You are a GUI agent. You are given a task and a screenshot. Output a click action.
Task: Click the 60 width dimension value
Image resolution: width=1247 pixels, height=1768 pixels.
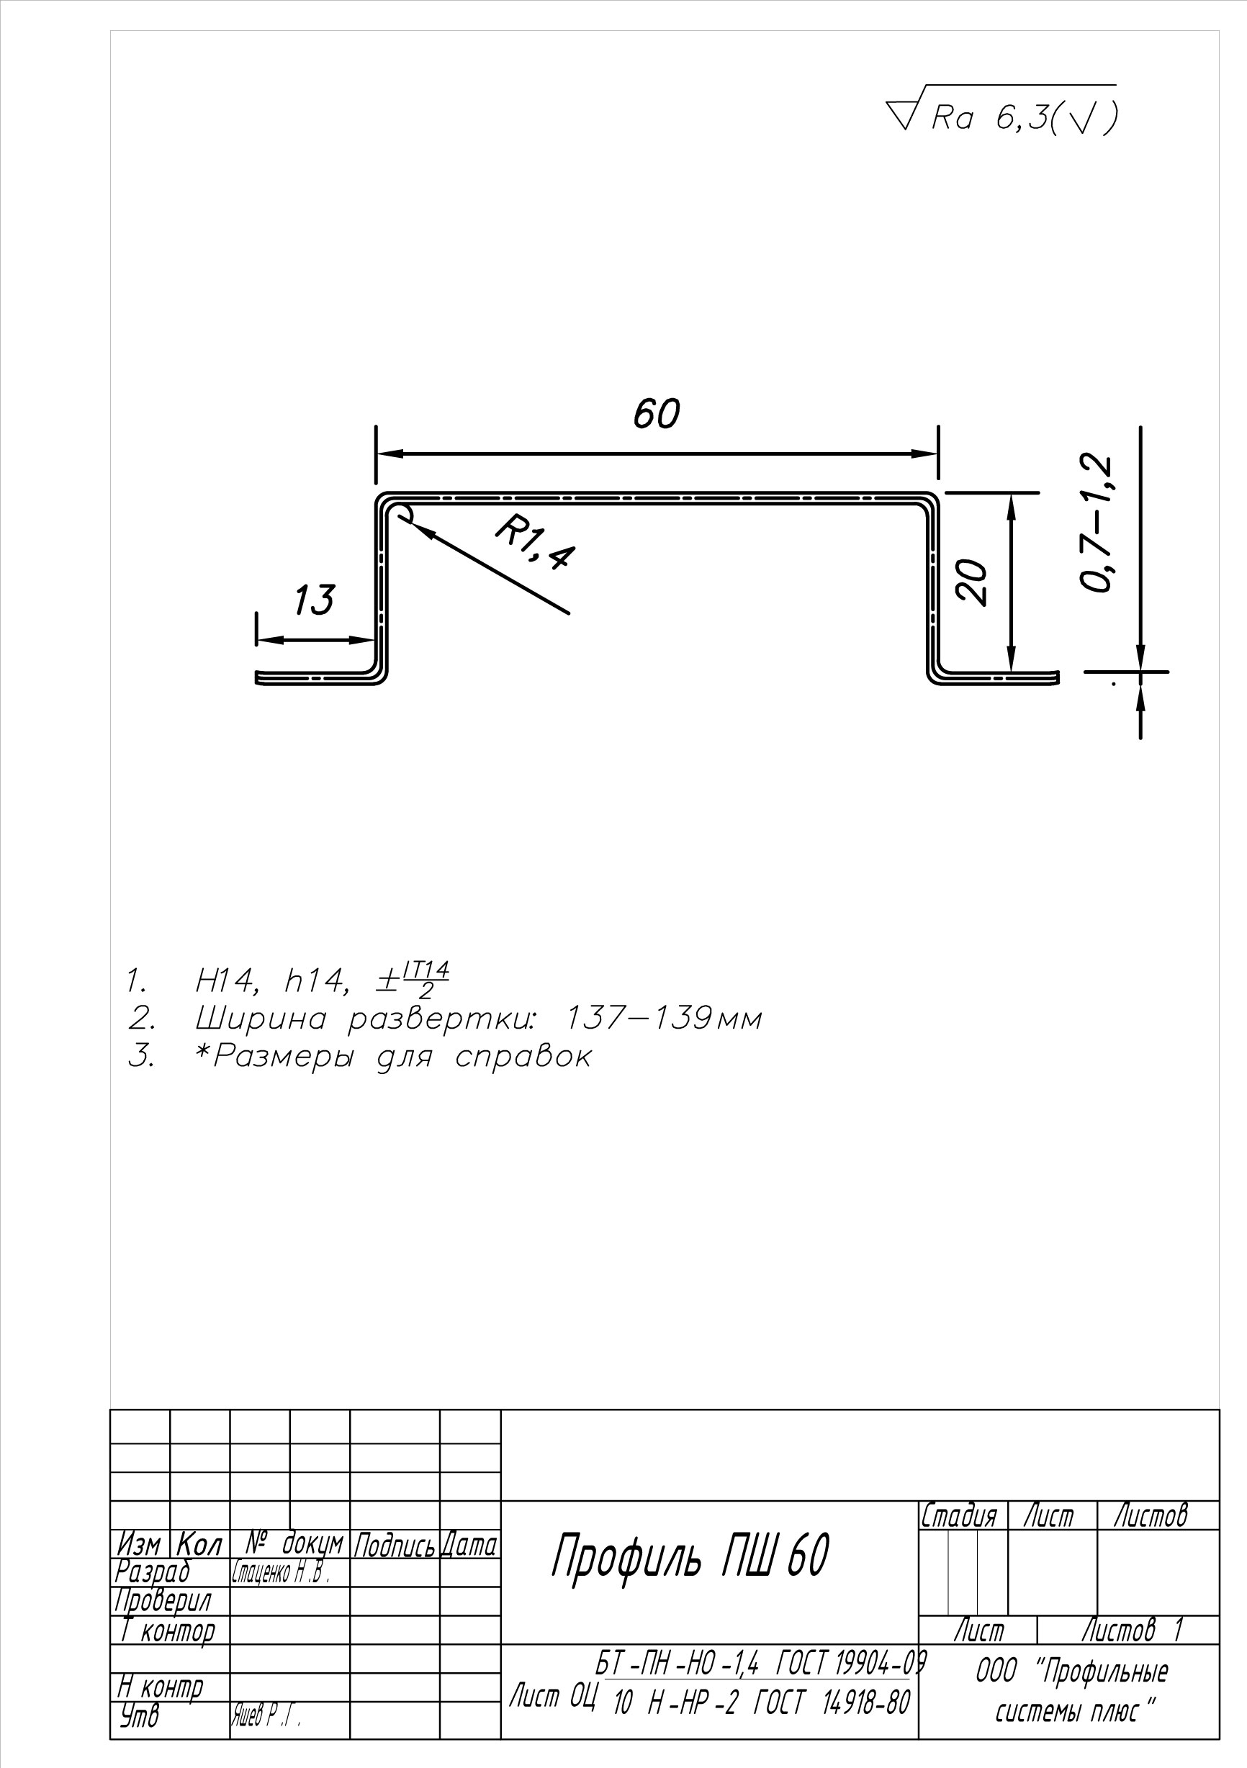[x=656, y=413]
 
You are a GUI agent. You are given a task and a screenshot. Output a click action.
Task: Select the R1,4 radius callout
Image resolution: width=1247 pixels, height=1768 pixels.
[x=534, y=544]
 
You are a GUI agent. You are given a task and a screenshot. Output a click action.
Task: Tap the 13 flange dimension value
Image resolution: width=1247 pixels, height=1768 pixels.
[x=314, y=600]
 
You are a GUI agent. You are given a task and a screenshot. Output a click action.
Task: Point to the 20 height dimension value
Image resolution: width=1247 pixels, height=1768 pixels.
[x=973, y=582]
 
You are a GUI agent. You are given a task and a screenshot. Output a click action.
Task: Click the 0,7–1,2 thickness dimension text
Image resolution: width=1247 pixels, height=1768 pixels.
[x=1096, y=524]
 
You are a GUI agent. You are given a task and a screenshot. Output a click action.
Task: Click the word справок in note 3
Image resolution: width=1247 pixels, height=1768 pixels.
[x=523, y=1057]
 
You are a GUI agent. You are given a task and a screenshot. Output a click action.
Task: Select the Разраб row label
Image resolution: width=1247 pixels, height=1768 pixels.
[x=153, y=1572]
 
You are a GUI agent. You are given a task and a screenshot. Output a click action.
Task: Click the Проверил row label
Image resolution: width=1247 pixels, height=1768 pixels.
[x=163, y=1602]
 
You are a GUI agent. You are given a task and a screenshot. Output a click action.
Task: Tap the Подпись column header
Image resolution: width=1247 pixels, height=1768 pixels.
[x=395, y=1546]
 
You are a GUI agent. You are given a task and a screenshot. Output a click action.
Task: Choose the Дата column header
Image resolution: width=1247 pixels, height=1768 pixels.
[x=470, y=1546]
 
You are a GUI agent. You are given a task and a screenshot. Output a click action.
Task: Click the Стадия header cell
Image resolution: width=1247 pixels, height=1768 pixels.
[x=959, y=1515]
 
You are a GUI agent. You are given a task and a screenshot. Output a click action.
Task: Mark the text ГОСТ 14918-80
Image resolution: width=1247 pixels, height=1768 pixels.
[x=830, y=1702]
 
